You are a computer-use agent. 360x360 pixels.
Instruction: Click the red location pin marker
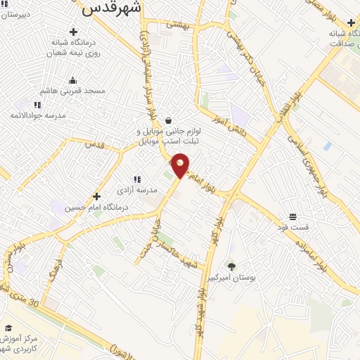(181, 165)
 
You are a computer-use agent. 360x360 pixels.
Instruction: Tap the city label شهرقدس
(112, 8)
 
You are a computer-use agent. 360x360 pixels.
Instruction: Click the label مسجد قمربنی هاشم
(74, 91)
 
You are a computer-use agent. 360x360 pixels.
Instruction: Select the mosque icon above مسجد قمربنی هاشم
(73, 80)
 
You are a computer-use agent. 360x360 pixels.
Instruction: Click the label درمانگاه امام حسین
(97, 207)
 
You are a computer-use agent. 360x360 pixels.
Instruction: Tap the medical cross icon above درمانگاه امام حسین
(96, 196)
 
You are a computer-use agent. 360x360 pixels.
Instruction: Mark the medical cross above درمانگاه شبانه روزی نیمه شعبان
(73, 32)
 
